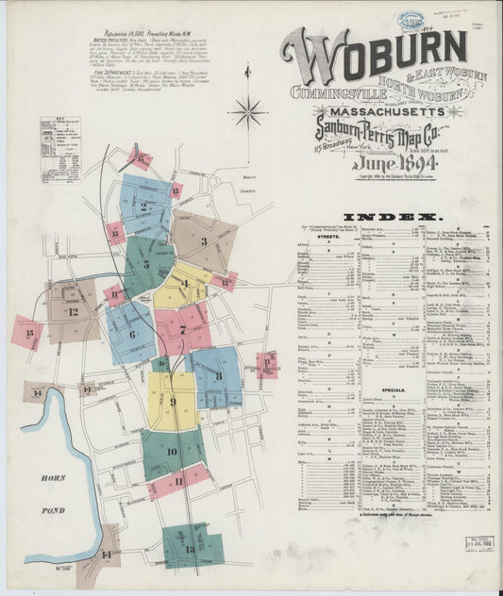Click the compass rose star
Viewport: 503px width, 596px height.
(x=249, y=111)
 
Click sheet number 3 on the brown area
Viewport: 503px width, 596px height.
(x=203, y=240)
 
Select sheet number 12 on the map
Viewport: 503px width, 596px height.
(x=73, y=310)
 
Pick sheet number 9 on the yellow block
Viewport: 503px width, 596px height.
(x=172, y=402)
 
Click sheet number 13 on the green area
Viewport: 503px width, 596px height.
(x=190, y=548)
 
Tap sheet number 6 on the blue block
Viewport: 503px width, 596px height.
(x=131, y=334)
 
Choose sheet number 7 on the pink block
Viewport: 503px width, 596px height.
(x=182, y=329)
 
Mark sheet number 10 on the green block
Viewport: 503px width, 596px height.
(x=172, y=451)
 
